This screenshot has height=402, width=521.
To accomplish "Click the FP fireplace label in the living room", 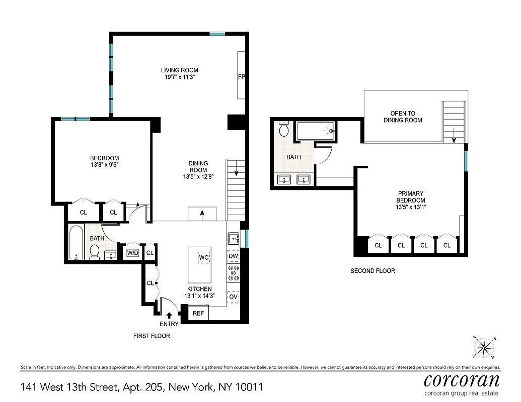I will tap(241, 77).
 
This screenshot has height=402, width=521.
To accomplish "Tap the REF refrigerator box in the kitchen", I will tap(198, 313).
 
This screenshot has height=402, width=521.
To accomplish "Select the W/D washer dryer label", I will tap(132, 253).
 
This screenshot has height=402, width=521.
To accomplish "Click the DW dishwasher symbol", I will tap(233, 256).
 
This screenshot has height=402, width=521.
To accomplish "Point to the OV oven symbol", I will tap(233, 297).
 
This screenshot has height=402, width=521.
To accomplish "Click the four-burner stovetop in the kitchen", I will tap(234, 273).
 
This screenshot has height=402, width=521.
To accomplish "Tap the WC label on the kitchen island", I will tap(204, 258).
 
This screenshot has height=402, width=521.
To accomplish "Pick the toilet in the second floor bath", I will tap(284, 130).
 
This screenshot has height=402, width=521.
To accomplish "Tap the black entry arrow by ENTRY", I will tap(169, 315).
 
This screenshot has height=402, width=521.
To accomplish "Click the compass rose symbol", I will tap(484, 347).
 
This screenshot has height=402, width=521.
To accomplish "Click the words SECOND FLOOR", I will tap(373, 271).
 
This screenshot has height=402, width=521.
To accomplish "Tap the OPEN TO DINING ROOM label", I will tap(403, 117).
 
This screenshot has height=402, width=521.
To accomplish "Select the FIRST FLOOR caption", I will tap(152, 336).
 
